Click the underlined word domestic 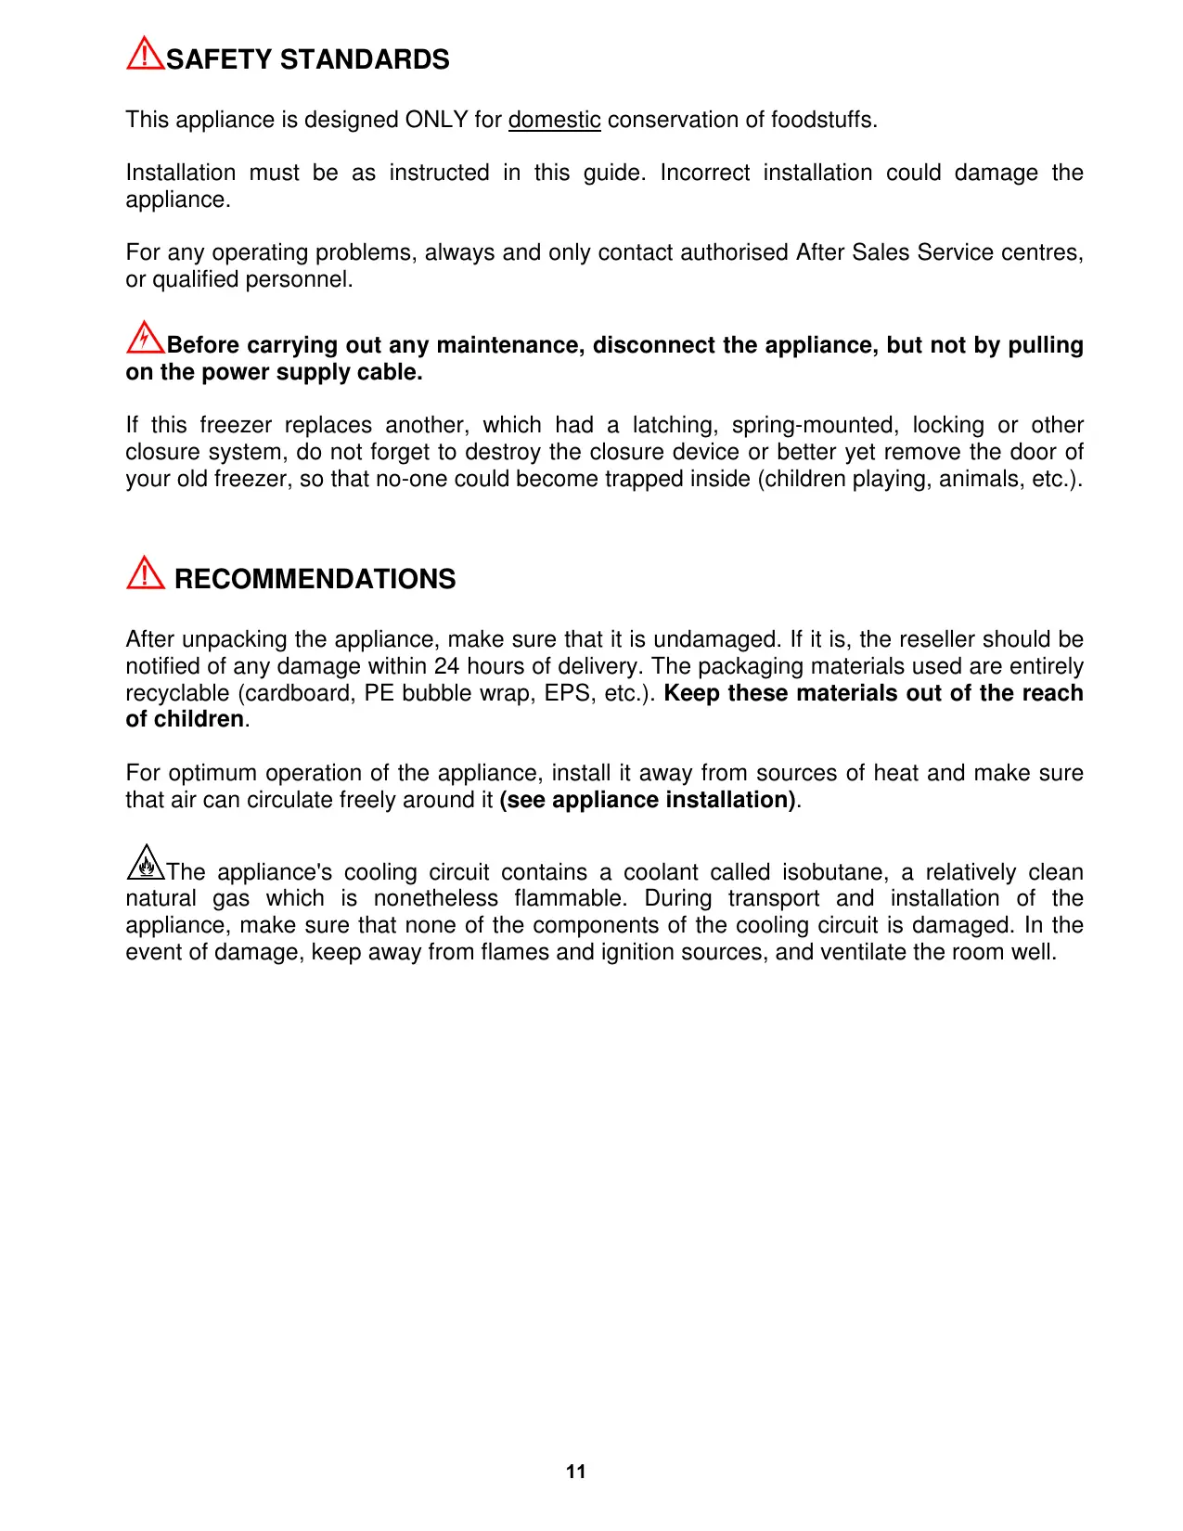click(x=554, y=121)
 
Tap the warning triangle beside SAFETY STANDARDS click(x=145, y=54)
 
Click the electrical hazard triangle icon click(x=145, y=338)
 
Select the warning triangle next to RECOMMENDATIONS click(x=145, y=573)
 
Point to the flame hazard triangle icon click(x=145, y=864)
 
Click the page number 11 click(x=575, y=1472)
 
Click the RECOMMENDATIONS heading click(x=315, y=579)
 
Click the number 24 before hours click(x=446, y=666)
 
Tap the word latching click(x=675, y=425)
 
